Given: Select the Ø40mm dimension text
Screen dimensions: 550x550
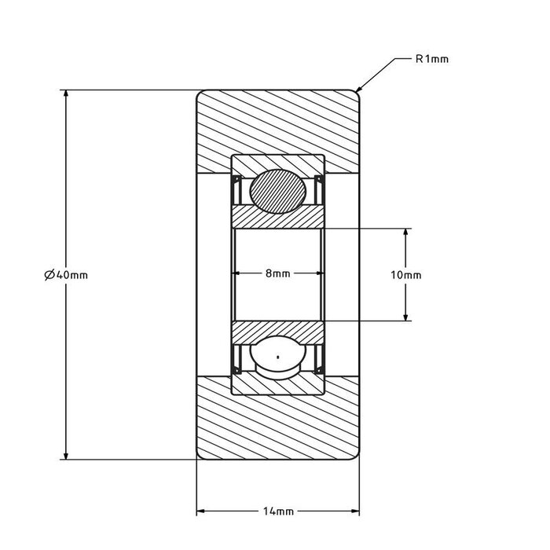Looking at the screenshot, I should (x=66, y=274).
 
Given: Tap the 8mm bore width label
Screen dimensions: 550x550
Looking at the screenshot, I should (x=277, y=273).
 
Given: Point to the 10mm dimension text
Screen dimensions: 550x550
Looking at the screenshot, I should (x=405, y=275).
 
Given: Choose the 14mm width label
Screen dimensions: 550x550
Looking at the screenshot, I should (x=277, y=511).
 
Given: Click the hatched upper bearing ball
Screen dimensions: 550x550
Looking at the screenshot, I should (x=277, y=191).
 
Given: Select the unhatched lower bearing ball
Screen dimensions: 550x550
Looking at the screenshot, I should (x=277, y=358).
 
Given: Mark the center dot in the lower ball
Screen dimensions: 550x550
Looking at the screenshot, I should (x=277, y=358).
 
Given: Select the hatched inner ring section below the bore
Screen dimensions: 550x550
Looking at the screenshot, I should (x=277, y=331).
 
